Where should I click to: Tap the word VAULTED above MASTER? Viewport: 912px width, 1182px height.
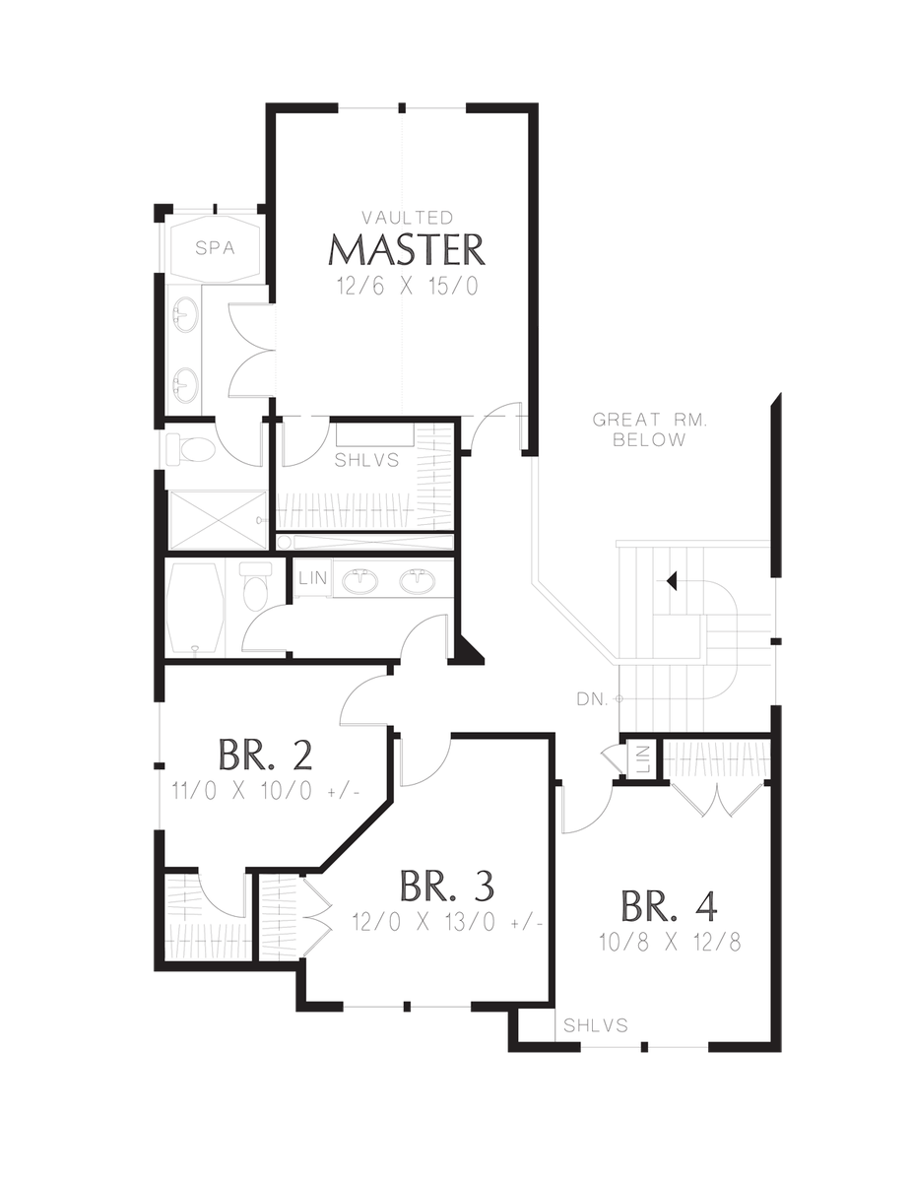pos(408,218)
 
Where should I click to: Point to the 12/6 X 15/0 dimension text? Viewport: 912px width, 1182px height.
pos(408,286)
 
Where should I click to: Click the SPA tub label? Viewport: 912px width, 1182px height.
pos(215,248)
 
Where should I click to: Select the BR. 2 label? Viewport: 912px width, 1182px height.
pos(265,755)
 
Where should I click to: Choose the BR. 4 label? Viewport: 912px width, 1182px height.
pos(669,906)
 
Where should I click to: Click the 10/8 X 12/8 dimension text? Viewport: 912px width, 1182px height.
pos(670,942)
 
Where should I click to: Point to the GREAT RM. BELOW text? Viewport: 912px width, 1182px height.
pos(649,429)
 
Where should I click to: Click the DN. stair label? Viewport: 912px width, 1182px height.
pos(592,700)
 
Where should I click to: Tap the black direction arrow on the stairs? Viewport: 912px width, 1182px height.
pos(671,581)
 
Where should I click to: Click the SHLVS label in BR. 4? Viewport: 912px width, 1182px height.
pos(596,1025)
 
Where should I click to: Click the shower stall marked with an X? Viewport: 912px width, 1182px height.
pos(218,520)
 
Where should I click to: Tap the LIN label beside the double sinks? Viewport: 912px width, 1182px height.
pos(313,577)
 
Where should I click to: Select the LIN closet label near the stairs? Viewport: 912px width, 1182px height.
pos(643,760)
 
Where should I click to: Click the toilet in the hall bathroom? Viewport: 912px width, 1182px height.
pos(255,586)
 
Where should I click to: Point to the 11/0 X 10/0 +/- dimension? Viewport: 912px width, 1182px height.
pos(266,790)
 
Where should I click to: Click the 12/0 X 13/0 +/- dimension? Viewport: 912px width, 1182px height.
pos(447,921)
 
